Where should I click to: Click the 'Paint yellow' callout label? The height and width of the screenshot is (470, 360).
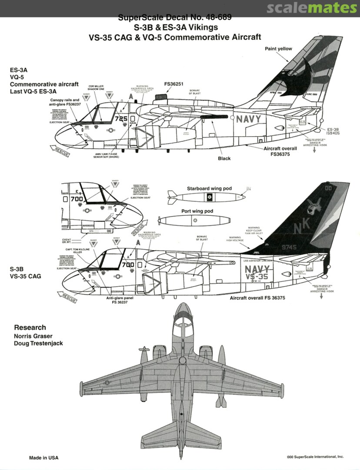pos(278,49)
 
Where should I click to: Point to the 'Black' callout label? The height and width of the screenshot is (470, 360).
pos(224,158)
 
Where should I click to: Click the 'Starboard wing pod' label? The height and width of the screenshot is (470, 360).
pos(209,188)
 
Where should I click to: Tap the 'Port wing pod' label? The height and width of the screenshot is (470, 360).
pos(197,211)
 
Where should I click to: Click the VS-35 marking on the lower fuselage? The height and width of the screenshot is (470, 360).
pos(257,277)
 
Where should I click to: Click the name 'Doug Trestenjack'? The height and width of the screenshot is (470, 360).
pos(38,343)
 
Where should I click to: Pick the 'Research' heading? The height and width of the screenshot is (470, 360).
pos(30,327)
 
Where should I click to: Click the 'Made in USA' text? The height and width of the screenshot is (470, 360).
pos(43,458)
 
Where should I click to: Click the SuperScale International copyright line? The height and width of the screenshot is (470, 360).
pos(315,457)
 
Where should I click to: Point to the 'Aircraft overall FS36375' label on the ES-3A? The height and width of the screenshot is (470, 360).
pos(280,151)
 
